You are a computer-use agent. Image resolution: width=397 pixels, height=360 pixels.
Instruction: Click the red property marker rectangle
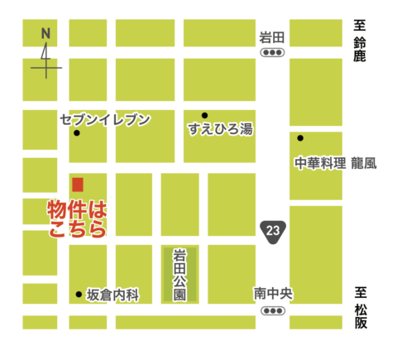pyautogui.click(x=78, y=184)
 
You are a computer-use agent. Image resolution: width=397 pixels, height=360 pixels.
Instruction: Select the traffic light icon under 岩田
pyautogui.click(x=272, y=52)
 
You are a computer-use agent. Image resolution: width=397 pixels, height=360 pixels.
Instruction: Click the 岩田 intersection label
pyautogui.click(x=271, y=36)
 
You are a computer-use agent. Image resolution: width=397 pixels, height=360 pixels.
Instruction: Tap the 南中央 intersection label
pyautogui.click(x=271, y=294)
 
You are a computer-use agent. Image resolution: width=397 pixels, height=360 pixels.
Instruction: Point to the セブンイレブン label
pyautogui.click(x=105, y=120)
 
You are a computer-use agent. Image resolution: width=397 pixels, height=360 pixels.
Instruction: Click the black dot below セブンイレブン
pyautogui.click(x=77, y=133)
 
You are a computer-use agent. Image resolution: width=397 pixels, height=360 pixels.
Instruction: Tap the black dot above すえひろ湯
pyautogui.click(x=204, y=115)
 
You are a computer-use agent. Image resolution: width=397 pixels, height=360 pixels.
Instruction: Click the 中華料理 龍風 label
pyautogui.click(x=335, y=163)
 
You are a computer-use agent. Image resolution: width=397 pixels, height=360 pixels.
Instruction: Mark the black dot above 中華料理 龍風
pyautogui.click(x=301, y=137)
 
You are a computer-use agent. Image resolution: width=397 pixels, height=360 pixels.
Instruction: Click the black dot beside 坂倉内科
pyautogui.click(x=79, y=294)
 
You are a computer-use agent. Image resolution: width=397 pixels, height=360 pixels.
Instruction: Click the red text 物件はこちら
pyautogui.click(x=77, y=218)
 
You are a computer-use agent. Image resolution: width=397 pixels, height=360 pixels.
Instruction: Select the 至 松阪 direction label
pyautogui.click(x=361, y=305)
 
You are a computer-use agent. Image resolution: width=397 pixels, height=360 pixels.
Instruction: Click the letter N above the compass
pyautogui.click(x=45, y=33)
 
